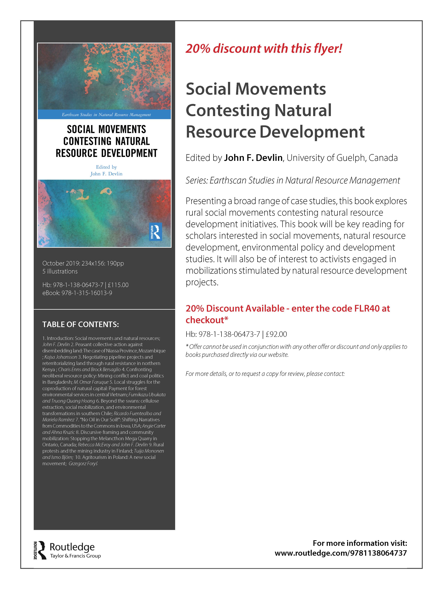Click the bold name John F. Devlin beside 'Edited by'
tap(253, 158)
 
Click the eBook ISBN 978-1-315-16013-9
tap(87, 293)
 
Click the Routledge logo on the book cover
tap(155, 231)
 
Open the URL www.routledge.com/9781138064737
tap(341, 553)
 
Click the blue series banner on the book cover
tap(104, 115)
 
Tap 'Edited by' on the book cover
tap(106, 167)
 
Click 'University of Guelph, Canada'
tap(342, 158)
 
